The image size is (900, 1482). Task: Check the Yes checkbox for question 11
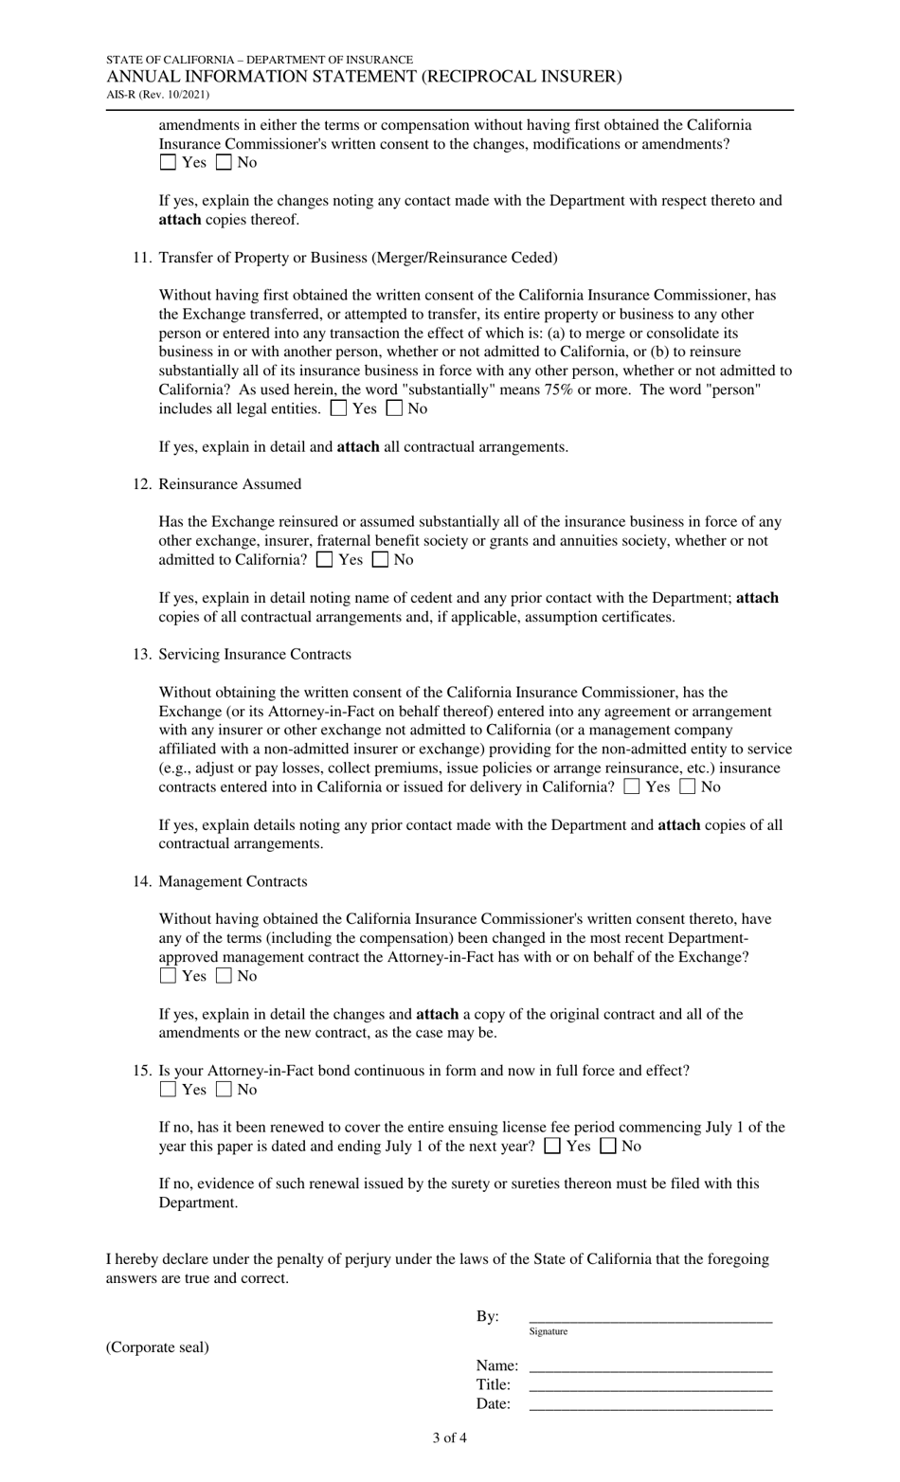pos(338,409)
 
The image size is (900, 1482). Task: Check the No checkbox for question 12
pos(380,560)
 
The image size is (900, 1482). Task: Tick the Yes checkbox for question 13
pos(632,787)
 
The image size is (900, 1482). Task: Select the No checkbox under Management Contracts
pos(224,976)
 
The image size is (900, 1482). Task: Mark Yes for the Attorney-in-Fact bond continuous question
pos(168,1090)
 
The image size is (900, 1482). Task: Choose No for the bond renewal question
pos(608,1147)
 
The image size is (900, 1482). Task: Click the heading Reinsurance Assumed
pos(229,484)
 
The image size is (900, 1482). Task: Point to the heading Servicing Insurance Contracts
pos(254,655)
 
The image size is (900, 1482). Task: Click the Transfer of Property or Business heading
pos(358,258)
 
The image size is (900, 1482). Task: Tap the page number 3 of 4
pos(449,1437)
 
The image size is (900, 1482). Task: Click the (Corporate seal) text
pos(157,1346)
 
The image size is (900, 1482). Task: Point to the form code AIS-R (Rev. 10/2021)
pos(157,95)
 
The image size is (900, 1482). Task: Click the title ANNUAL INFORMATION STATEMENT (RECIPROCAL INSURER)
pos(364,77)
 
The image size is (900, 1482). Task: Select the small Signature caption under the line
pos(549,1331)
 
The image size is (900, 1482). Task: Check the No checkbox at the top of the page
pos(224,163)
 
